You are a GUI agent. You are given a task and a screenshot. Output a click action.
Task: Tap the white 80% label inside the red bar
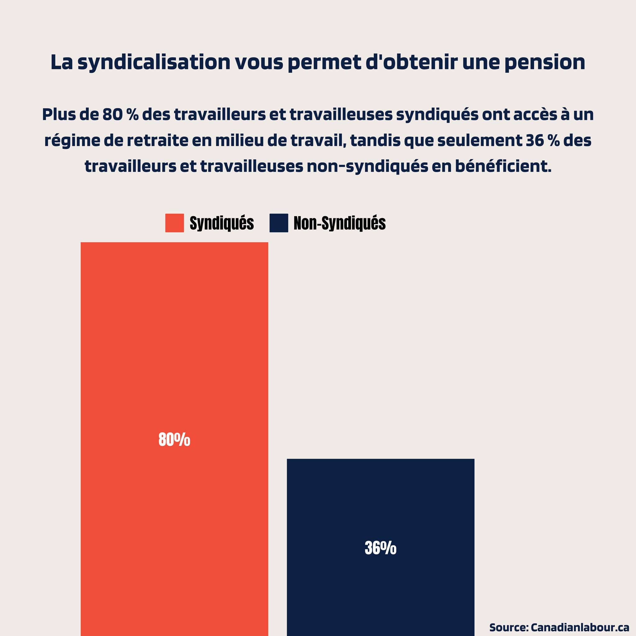[174, 439]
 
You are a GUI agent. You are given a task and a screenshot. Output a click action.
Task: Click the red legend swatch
[175, 223]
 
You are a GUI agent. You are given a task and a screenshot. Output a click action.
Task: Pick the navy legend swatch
[279, 223]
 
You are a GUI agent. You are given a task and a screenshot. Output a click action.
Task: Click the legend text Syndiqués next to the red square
[221, 223]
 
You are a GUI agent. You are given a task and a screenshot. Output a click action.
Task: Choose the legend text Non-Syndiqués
[339, 223]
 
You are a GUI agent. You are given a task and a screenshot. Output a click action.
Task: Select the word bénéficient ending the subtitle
[503, 166]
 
